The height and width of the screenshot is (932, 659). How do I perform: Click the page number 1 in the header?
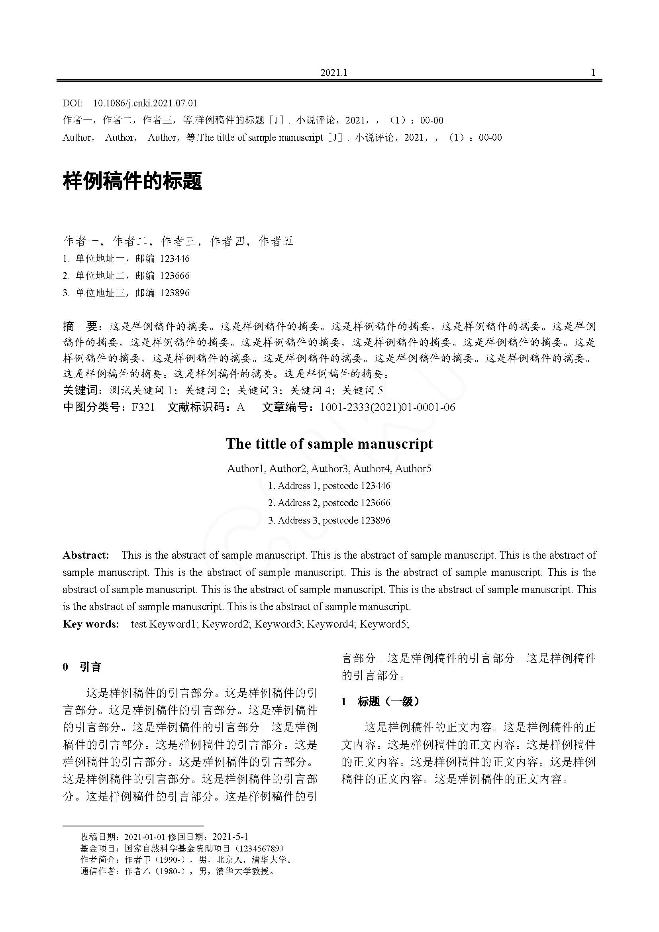tap(593, 73)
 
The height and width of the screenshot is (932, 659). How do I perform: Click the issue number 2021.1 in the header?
tap(334, 73)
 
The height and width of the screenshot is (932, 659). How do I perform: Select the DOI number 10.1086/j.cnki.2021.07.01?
tap(145, 103)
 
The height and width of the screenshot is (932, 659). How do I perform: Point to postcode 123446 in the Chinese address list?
tap(175, 259)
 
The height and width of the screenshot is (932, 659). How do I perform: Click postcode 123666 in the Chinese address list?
tap(175, 276)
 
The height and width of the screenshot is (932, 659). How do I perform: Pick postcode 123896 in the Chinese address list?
tap(175, 293)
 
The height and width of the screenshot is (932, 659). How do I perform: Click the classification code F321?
tap(143, 407)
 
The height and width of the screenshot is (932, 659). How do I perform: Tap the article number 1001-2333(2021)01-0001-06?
tap(388, 407)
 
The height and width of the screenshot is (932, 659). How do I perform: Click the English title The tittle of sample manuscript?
tap(329, 443)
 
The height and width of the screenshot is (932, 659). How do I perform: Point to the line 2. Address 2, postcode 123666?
tap(329, 503)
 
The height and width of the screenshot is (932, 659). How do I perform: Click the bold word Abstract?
tap(86, 555)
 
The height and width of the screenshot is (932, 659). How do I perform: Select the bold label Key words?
tap(91, 624)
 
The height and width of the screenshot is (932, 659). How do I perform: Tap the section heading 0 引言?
tap(82, 667)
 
